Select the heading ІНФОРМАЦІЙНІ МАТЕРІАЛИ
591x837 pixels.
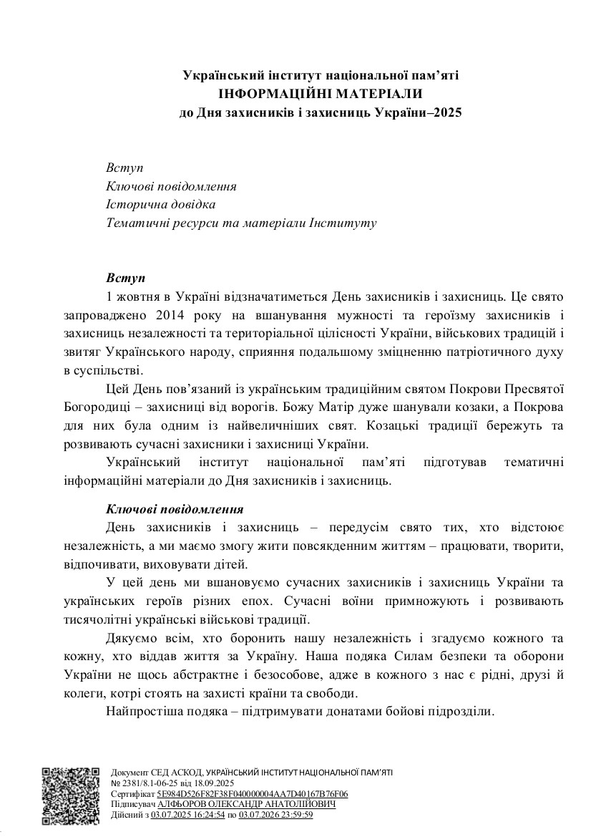(x=321, y=93)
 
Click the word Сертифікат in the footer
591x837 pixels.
(x=133, y=794)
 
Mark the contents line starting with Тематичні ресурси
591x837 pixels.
(x=241, y=223)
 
